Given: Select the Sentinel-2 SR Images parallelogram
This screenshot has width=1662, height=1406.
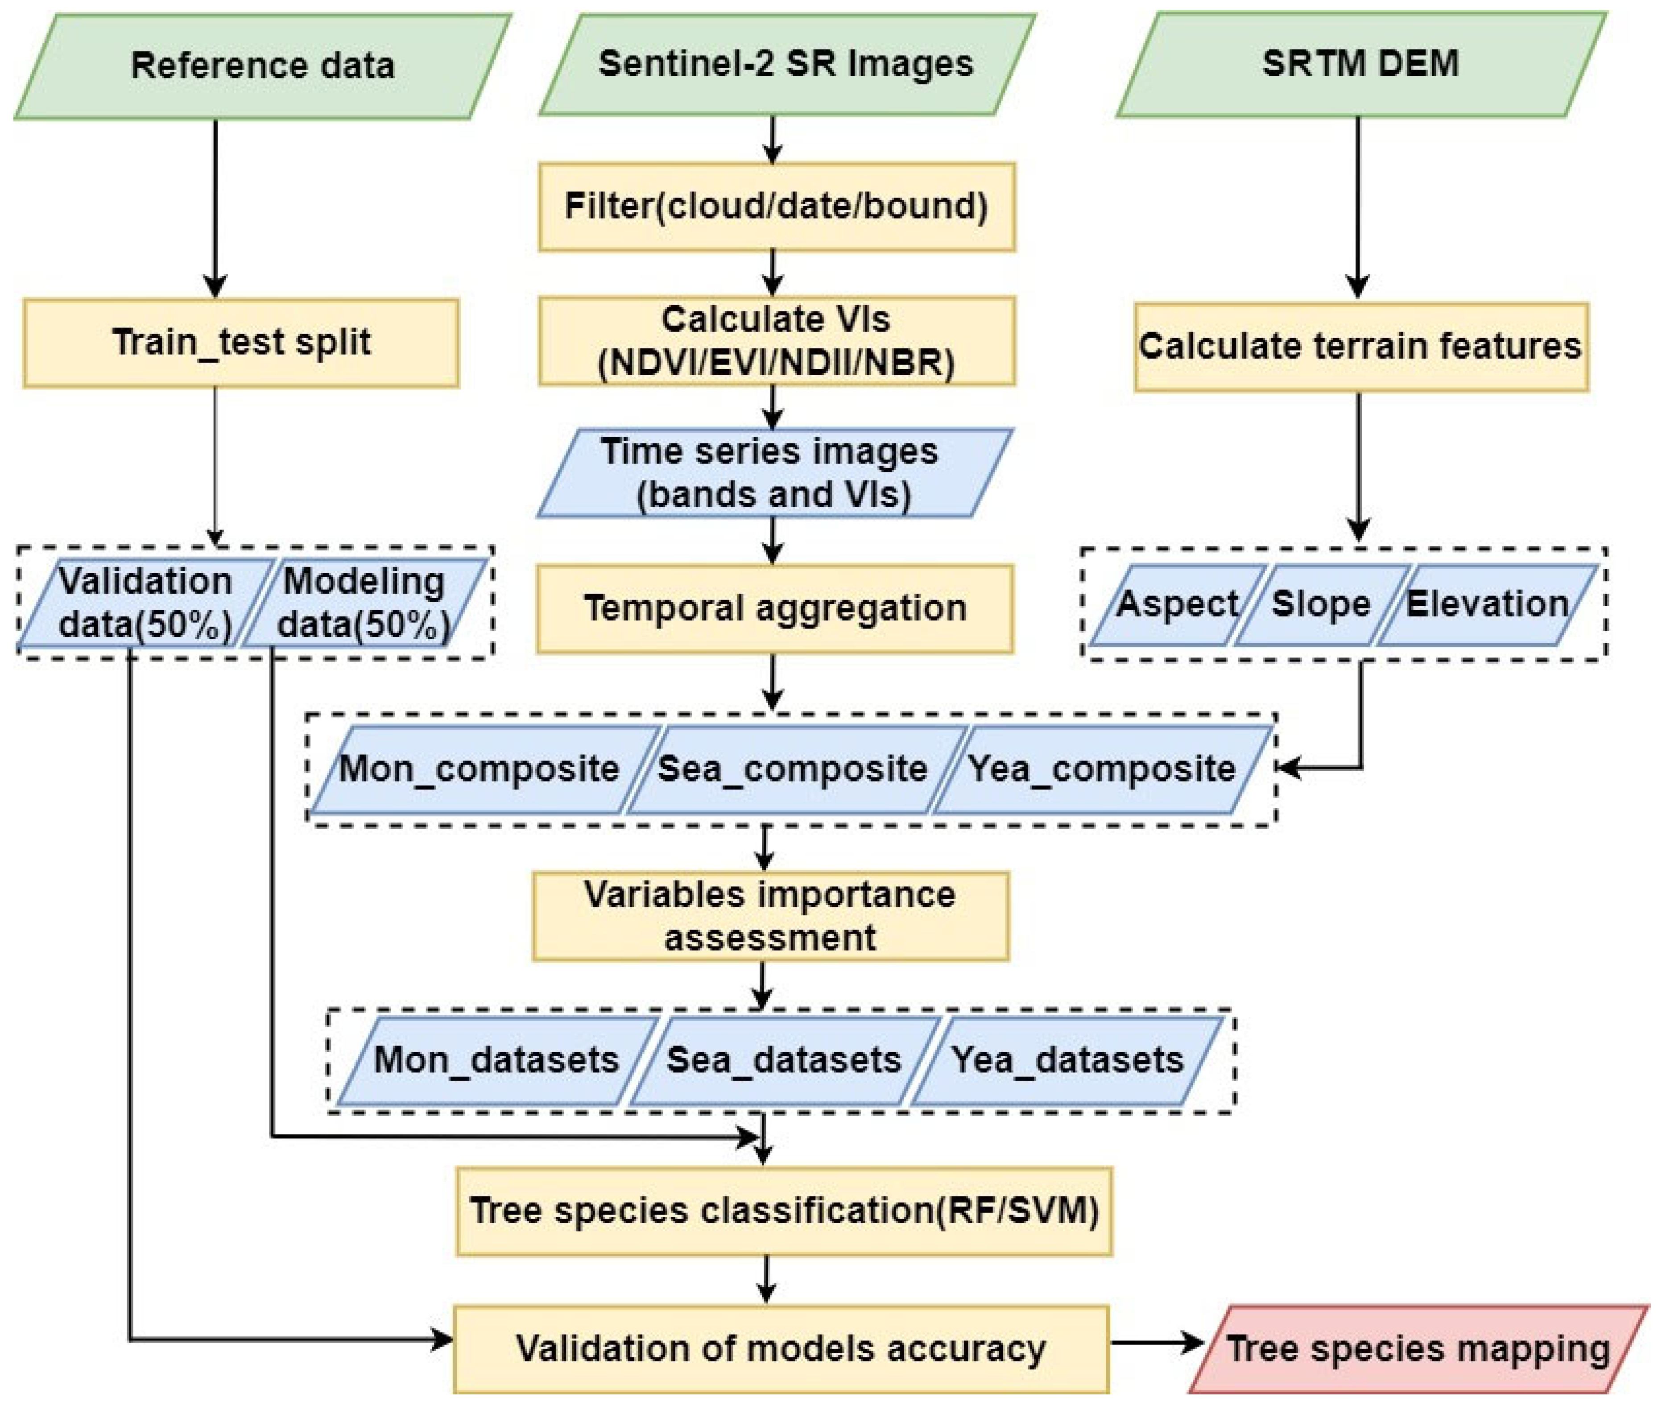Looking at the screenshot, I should pos(786,64).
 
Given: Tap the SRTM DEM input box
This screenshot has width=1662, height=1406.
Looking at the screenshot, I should pos(1360,64).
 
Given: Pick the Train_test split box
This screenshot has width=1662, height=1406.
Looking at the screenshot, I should pos(241,343).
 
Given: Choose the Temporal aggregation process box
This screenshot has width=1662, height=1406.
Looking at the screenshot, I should pos(775,608).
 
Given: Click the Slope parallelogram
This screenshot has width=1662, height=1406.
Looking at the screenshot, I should pos(1319,604).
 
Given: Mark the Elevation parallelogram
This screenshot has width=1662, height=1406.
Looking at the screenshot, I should pos(1487,604).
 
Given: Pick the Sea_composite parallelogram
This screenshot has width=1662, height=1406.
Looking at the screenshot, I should pos(792,769).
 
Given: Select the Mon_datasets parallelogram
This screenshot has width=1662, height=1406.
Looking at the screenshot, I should pos(496,1060).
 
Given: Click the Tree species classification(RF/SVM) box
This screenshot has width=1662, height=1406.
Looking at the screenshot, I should pos(784,1211).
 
